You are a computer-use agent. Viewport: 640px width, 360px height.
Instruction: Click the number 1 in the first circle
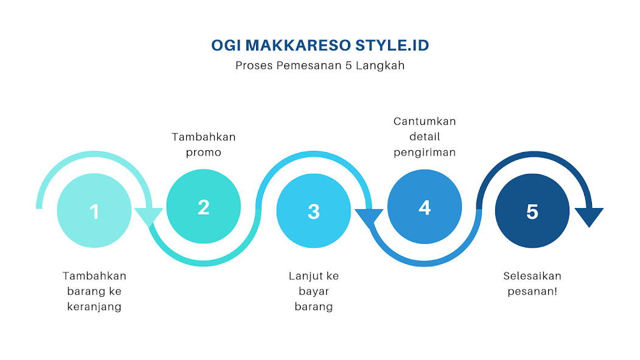point(94,212)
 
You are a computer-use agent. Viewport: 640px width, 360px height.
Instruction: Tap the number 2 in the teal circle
point(203,207)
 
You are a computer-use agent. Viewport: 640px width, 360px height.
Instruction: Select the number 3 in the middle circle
point(313,212)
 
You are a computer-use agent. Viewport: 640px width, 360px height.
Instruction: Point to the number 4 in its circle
point(424,207)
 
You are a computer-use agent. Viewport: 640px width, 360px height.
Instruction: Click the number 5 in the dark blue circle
point(532,212)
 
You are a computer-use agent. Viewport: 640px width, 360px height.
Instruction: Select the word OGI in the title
point(224,46)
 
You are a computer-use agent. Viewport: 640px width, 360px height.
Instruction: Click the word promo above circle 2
point(203,152)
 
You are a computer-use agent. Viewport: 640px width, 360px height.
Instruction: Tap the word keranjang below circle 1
point(94,306)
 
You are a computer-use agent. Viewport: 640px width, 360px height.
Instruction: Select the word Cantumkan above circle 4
point(424,121)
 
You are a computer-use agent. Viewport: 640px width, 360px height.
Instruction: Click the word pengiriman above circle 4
point(424,152)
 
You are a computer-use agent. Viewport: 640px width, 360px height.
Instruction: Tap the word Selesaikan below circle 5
point(532,276)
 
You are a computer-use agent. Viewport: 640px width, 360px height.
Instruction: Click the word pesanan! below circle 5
point(532,291)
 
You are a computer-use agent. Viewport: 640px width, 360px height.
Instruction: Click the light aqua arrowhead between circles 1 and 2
point(148,216)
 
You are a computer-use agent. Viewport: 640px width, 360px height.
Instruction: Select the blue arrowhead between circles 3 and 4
point(369,216)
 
